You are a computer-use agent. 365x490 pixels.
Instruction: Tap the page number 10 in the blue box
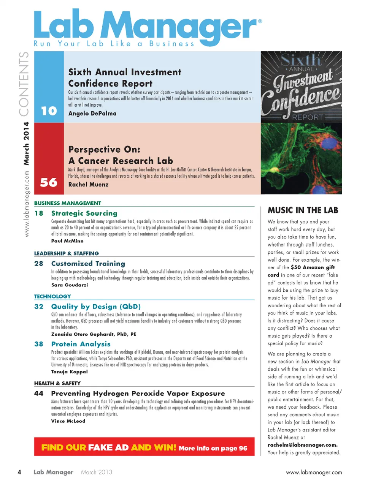click(49, 111)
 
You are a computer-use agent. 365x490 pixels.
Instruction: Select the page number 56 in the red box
click(49, 183)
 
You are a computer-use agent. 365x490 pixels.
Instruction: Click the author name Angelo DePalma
click(92, 114)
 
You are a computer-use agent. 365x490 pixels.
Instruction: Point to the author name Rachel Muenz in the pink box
click(88, 185)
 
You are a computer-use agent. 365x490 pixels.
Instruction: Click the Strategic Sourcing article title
click(84, 213)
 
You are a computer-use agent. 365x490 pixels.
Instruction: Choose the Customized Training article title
click(88, 264)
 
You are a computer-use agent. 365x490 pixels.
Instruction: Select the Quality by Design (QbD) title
click(96, 307)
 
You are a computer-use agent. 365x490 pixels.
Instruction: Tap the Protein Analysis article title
click(81, 344)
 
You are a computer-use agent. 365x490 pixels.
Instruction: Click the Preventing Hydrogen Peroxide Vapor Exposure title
click(138, 394)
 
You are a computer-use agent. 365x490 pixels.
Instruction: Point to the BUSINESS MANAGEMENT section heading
click(68, 203)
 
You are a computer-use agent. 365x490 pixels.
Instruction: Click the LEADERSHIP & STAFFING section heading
click(67, 253)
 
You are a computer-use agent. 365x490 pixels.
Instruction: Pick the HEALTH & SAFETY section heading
click(57, 383)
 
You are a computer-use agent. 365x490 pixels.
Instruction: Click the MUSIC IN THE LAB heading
click(303, 210)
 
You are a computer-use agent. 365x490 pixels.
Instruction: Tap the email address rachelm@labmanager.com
click(302, 445)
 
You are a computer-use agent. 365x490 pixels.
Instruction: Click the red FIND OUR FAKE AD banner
click(144, 447)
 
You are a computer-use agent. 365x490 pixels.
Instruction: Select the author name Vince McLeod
click(68, 421)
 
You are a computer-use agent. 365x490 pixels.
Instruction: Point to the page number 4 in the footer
click(19, 472)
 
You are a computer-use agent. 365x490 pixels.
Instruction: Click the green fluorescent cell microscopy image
click(301, 158)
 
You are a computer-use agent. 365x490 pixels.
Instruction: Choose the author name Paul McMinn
click(67, 241)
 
